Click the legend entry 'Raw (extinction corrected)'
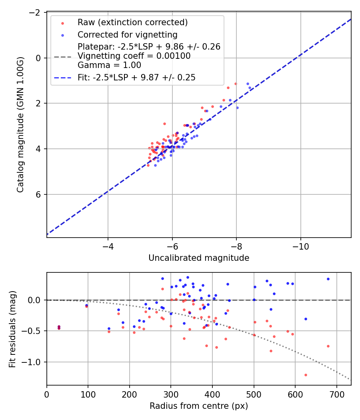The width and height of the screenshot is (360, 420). tap(133, 22)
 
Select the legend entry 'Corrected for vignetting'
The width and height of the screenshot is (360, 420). tap(128, 34)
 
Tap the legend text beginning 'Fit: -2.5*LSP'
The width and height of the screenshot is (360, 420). tap(137, 78)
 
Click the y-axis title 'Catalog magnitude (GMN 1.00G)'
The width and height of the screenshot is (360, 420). tap(20, 125)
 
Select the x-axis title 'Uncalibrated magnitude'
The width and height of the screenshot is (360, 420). tap(199, 258)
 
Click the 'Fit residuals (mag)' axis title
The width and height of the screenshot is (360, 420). tap(12, 328)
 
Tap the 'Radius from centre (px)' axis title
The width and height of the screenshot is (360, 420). tap(199, 406)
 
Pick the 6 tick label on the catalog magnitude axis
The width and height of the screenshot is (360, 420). tap(39, 194)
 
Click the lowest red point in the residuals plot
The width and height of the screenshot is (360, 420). tap(306, 375)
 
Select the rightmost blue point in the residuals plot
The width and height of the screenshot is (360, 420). tap(328, 279)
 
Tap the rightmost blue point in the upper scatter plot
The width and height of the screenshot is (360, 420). tap(250, 88)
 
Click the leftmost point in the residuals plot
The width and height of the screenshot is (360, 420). tap(59, 327)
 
